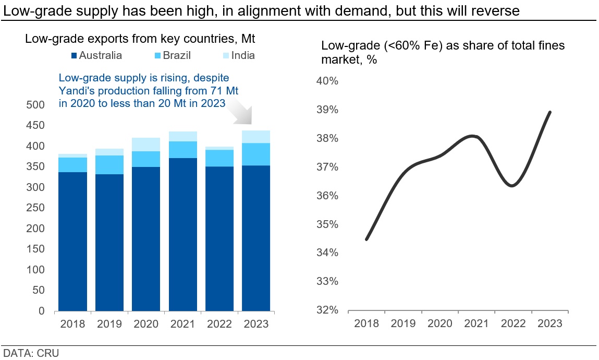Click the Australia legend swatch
point(74,56)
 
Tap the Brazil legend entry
point(172,55)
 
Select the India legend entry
point(239,55)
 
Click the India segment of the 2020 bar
point(146,145)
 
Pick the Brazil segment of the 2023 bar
point(256,154)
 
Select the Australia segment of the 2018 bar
point(72,242)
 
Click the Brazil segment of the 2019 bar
point(109,165)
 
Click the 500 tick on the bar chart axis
point(35,105)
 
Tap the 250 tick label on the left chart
point(35,208)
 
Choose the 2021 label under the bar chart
point(182,324)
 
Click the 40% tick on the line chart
point(327,81)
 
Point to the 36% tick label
point(327,196)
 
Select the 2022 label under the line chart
point(513,323)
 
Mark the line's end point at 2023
point(549,112)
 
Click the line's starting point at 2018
point(366,239)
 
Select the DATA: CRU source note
point(31,353)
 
